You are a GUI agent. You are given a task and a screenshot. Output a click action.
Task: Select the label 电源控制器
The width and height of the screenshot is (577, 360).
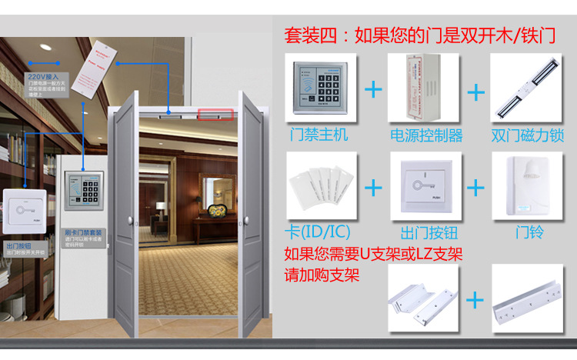pos(427,135)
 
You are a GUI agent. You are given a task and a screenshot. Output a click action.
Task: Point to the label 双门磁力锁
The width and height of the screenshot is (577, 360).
pos(528,135)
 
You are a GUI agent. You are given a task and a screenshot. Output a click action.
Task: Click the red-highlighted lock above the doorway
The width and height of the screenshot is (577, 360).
pos(215,115)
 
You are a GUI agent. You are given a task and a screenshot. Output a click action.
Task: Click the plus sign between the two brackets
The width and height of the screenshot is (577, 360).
pos(477,299)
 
